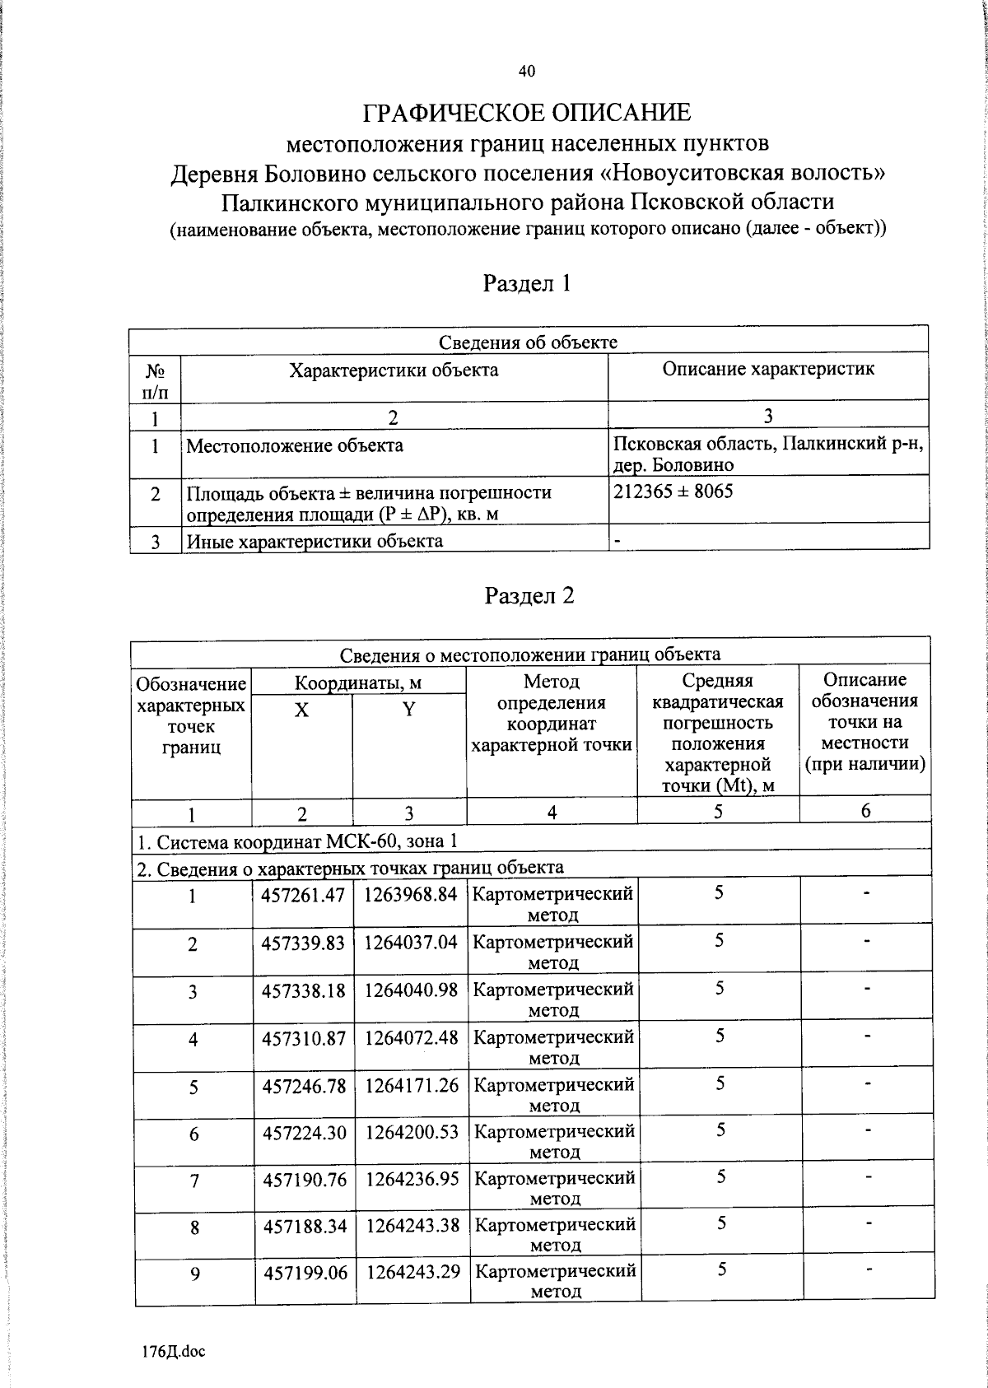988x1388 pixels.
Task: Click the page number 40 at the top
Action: click(527, 72)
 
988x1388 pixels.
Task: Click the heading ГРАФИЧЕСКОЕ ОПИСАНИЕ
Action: click(527, 112)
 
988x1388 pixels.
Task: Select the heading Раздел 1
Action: click(527, 284)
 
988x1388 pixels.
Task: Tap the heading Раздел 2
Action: click(529, 595)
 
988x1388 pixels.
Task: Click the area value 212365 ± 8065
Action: click(673, 491)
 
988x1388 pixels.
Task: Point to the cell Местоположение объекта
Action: click(295, 446)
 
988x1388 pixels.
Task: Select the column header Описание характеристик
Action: click(767, 369)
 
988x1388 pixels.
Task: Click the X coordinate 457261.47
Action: click(302, 894)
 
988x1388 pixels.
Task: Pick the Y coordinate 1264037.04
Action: click(411, 942)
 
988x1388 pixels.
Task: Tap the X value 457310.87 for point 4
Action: click(303, 1038)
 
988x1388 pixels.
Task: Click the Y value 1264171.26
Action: click(412, 1086)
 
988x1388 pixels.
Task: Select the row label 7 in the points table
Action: click(194, 1181)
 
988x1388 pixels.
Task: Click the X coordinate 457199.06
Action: click(305, 1273)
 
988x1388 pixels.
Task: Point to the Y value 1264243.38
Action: click(412, 1226)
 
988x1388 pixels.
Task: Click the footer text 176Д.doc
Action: click(174, 1351)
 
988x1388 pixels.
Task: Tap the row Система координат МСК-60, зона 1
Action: click(296, 841)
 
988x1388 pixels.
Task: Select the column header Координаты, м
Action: click(358, 682)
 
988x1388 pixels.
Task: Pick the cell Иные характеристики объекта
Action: click(315, 541)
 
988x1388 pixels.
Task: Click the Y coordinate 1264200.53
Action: click(412, 1133)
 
